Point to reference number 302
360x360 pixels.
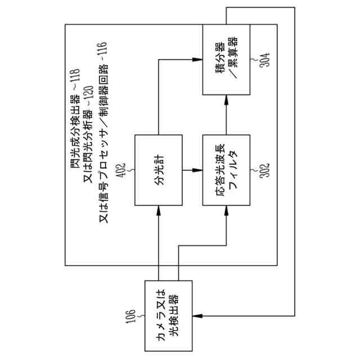point(262,170)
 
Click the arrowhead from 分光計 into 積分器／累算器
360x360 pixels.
point(197,58)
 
